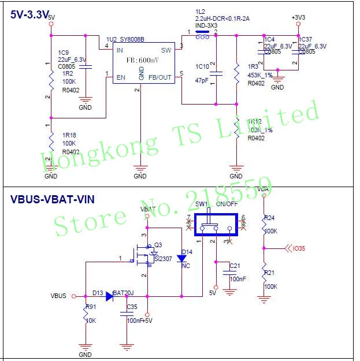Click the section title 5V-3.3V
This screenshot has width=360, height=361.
coord(29,16)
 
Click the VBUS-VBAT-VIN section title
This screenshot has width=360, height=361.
coord(53,199)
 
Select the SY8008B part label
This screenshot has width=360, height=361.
coord(128,40)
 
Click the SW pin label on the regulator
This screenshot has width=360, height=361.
coord(166,50)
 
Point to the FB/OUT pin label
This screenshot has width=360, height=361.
coord(160,77)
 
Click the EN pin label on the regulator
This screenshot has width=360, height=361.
coord(121,77)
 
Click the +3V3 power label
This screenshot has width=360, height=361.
coord(298,18)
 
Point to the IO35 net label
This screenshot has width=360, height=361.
coord(298,249)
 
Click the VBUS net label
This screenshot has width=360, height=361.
coord(59,296)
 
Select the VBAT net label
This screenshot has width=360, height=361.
coord(148,209)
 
